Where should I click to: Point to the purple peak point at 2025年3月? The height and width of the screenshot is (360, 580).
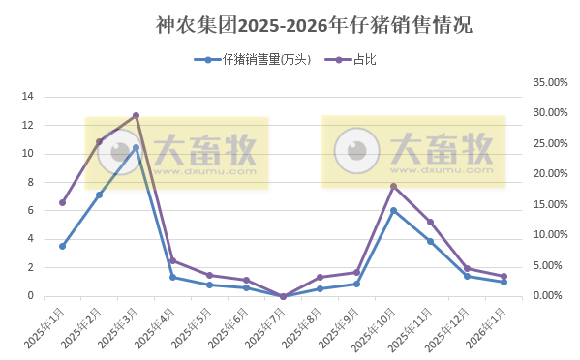click(136, 115)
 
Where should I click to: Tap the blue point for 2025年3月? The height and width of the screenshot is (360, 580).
click(136, 147)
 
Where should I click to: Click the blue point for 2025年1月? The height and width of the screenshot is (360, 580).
click(62, 246)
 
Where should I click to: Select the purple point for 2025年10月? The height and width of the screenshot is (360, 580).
click(393, 186)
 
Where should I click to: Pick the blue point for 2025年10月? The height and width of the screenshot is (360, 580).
click(393, 210)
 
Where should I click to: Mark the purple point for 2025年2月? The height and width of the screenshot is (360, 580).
click(99, 141)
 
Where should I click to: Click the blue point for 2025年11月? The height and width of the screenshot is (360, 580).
click(430, 241)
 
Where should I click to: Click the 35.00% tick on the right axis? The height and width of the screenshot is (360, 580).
click(550, 83)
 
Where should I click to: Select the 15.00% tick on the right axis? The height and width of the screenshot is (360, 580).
click(550, 204)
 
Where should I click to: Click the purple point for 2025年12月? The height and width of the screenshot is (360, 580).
click(467, 269)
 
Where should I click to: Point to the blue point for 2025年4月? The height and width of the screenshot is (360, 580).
click(172, 277)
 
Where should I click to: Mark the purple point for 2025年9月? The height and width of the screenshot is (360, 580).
click(356, 272)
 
